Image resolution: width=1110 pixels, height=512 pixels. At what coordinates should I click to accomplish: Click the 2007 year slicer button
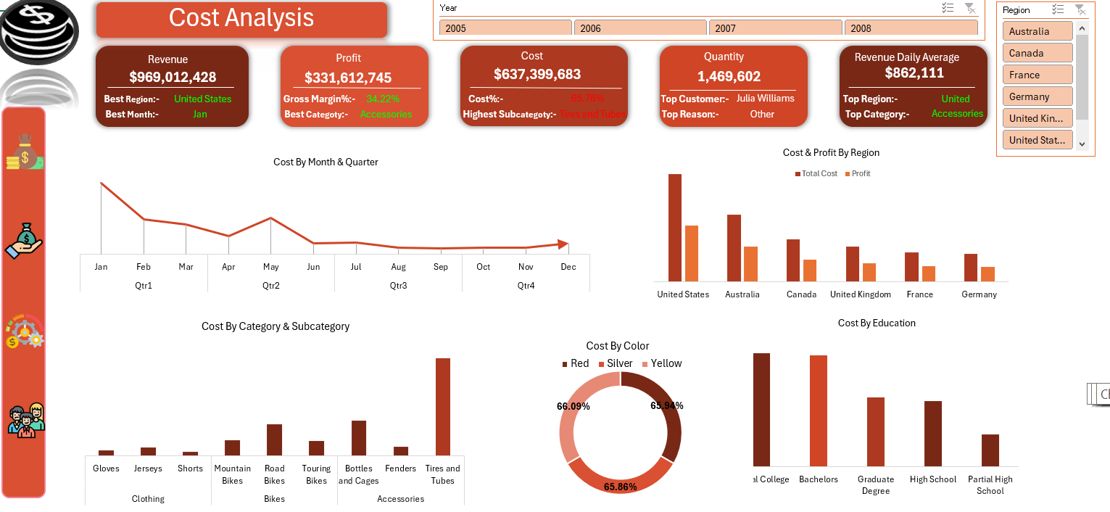pos(775,28)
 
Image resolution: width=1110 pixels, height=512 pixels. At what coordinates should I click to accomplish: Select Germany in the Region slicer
pos(1037,96)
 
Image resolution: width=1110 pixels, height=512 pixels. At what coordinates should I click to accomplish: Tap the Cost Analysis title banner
pos(241,19)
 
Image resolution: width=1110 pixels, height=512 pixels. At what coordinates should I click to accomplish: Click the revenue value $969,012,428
pos(173,77)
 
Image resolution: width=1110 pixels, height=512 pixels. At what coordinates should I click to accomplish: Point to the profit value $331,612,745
pos(348,78)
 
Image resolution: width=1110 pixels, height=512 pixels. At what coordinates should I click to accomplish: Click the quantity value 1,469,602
pos(729,76)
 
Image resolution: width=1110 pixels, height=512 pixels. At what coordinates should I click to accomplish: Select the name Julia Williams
pos(765,99)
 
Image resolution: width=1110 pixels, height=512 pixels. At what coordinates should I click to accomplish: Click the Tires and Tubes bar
pos(443,406)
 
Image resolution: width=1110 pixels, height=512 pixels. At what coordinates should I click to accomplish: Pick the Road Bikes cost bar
pos(274,439)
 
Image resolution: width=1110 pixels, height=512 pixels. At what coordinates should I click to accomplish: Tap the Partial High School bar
pos(990,450)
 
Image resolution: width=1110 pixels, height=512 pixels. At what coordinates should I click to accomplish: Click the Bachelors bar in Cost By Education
pos(819,410)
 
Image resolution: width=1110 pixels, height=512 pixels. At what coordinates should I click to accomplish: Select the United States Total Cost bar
pos(675,227)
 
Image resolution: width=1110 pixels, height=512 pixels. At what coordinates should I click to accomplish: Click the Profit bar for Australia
pos(750,263)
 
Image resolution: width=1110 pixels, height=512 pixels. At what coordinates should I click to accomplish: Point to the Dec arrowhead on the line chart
pos(563,245)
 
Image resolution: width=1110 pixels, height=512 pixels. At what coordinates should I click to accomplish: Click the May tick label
pos(270,267)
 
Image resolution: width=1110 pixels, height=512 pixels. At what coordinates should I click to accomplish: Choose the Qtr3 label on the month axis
pos(398,286)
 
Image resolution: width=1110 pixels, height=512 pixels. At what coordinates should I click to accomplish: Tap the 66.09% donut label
pos(573,406)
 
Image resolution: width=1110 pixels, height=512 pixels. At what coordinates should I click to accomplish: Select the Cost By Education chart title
pos(877,323)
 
